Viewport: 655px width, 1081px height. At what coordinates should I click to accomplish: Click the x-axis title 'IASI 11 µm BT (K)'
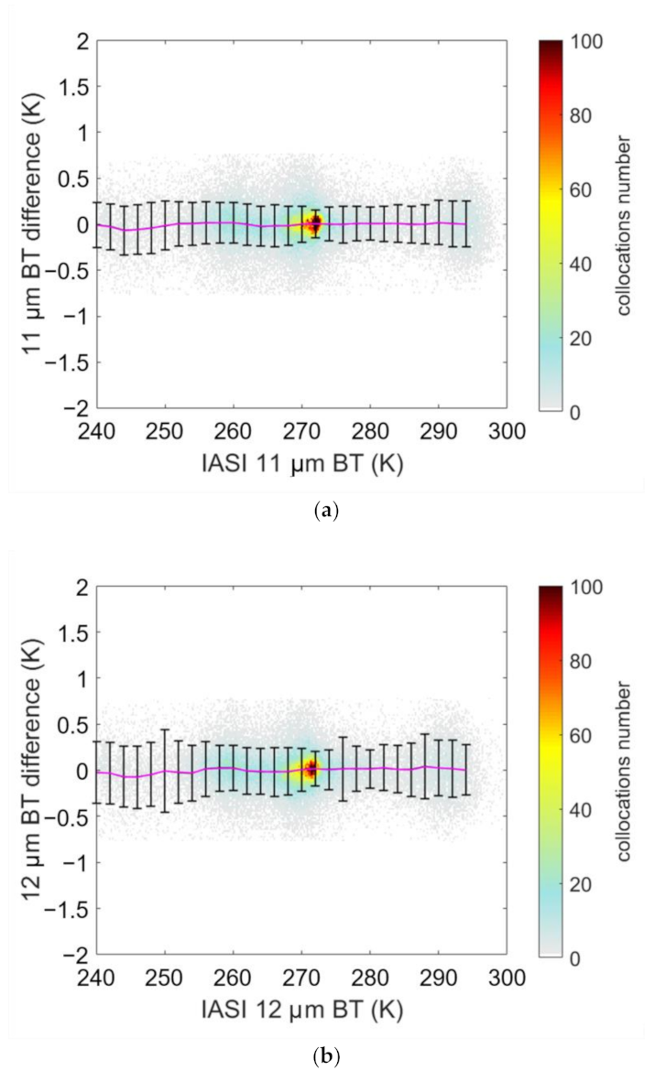point(301,464)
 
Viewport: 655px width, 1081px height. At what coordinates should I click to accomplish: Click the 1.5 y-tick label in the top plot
point(71,86)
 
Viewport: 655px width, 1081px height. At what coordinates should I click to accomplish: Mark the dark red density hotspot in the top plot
point(314,222)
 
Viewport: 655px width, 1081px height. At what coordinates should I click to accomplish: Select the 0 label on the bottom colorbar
point(574,958)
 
